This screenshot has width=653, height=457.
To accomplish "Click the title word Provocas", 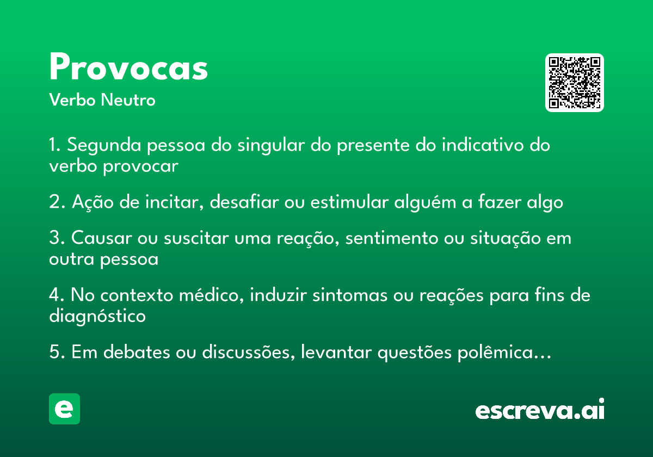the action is click(128, 66).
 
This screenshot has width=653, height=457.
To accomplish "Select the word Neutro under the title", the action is click(128, 100).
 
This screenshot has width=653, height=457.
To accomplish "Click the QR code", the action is click(574, 83).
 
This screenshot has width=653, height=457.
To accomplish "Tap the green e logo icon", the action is click(64, 409).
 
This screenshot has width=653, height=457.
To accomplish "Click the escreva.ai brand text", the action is click(540, 409).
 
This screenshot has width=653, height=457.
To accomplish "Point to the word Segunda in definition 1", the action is click(104, 145).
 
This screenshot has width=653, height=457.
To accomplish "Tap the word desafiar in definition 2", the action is click(244, 202).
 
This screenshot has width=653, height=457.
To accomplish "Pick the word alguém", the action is click(425, 202).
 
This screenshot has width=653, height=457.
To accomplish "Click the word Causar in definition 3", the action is click(101, 238).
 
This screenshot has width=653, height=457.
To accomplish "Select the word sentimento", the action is click(392, 238).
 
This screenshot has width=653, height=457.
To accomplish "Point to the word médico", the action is click(211, 295).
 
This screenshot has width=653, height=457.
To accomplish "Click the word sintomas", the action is click(350, 295).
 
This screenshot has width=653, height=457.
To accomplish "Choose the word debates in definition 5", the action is click(137, 352).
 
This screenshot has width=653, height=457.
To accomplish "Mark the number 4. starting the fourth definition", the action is click(57, 295).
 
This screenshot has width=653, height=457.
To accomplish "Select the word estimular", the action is click(349, 202).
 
